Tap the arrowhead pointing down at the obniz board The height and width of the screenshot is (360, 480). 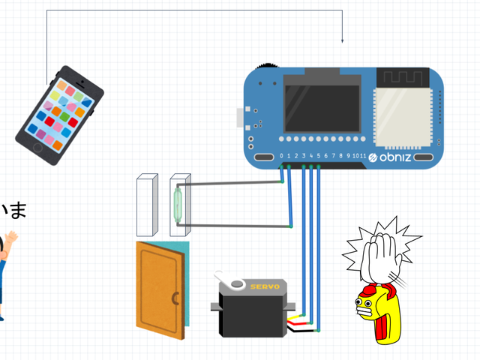click(342, 40)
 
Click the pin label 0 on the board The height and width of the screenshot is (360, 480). click(282, 156)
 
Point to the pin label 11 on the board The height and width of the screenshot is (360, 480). click(362, 156)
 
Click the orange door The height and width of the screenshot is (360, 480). click(160, 289)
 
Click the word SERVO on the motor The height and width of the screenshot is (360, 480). click(265, 286)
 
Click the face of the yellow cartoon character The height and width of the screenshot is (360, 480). click(367, 306)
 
